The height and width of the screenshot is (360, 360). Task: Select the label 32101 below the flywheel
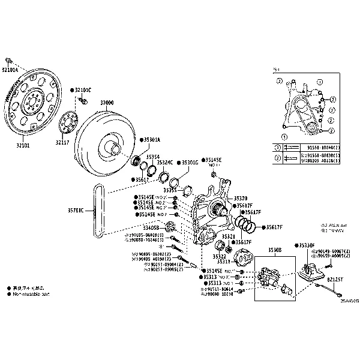point(23,146)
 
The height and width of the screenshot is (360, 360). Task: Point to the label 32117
point(63,142)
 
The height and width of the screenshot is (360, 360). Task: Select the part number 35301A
point(151,139)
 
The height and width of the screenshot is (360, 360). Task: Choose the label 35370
point(241,198)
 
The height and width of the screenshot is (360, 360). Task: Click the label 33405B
point(150,227)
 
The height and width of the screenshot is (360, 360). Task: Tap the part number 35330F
point(306,245)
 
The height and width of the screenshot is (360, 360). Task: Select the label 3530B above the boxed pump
point(275,249)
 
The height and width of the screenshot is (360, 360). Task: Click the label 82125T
point(336,279)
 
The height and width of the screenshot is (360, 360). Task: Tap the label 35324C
point(165,162)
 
